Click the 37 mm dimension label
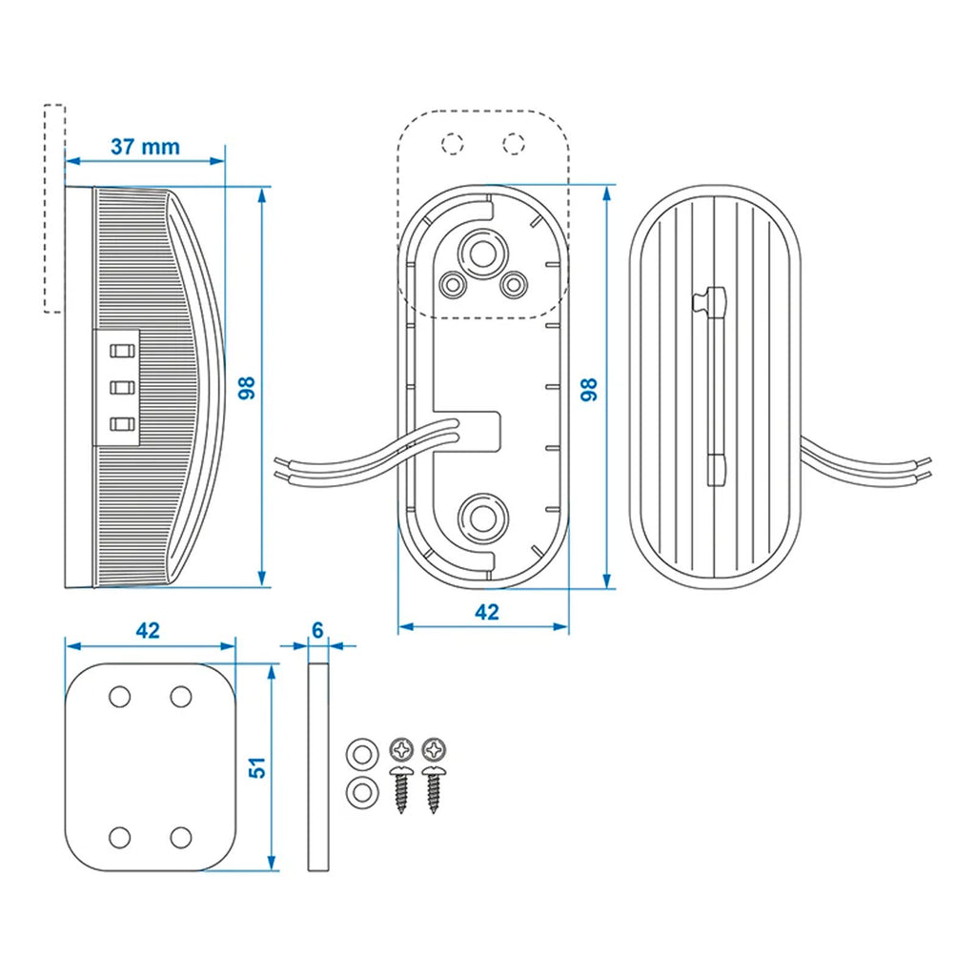click(x=145, y=147)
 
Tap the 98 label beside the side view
click(x=246, y=387)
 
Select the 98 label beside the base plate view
click(x=589, y=388)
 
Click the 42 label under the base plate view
click(x=486, y=613)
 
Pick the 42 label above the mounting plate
click(x=147, y=630)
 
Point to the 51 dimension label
click(x=256, y=766)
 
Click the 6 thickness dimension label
click(x=317, y=630)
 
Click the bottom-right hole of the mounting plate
click(x=181, y=837)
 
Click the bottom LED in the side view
click(x=120, y=425)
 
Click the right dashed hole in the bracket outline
click(x=514, y=143)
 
